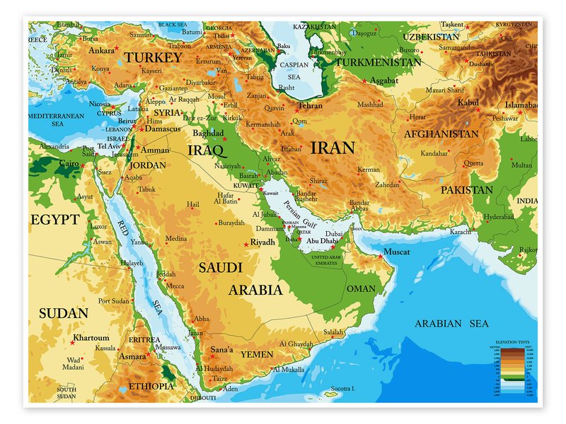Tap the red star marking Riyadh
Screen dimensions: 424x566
click(247, 245)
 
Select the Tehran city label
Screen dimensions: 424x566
click(309, 106)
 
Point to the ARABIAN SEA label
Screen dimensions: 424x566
click(451, 324)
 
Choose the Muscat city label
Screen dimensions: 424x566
click(395, 252)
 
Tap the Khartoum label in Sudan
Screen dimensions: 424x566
click(91, 338)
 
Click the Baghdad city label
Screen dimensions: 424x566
click(208, 133)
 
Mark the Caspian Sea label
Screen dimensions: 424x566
click(294, 69)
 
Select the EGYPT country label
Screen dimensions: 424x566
click(54, 220)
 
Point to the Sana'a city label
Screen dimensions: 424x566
click(222, 349)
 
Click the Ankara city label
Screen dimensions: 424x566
click(102, 50)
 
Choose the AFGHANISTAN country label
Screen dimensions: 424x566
click(441, 134)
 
